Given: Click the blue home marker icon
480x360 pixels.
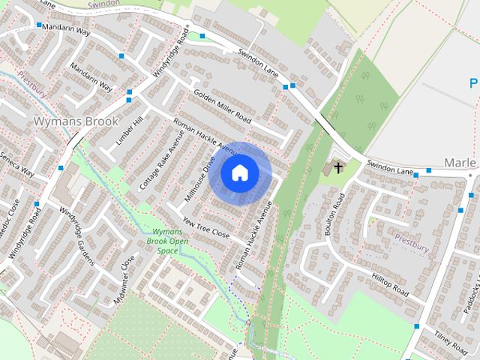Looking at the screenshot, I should click(239, 172).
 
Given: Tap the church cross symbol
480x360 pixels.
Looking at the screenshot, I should click(338, 166).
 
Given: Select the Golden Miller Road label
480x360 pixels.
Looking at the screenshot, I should click(222, 107).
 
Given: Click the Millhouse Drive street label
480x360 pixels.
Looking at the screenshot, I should click(200, 179).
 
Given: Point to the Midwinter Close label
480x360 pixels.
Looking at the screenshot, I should click(125, 272).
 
